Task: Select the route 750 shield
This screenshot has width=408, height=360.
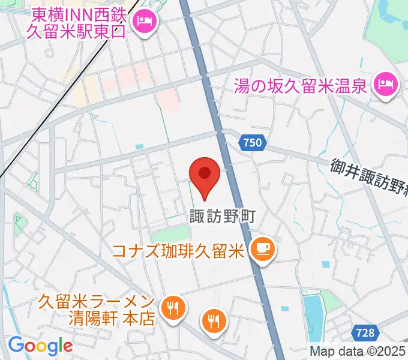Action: [253, 143]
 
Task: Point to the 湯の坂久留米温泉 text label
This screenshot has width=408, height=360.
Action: [300, 87]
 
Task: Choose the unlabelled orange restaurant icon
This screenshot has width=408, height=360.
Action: [214, 320]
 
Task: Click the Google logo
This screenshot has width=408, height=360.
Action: [40, 346]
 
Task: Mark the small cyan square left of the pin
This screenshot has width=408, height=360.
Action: [140, 146]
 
